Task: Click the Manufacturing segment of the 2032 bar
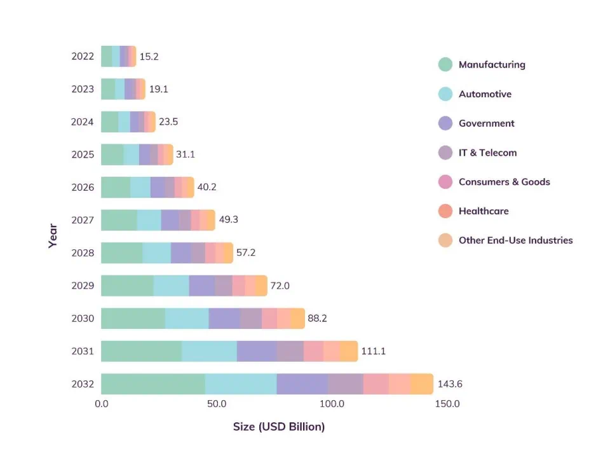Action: point(152,384)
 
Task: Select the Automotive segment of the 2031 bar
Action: point(209,351)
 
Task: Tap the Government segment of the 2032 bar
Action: point(302,384)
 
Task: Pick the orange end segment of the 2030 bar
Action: point(298,318)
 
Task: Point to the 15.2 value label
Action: point(149,57)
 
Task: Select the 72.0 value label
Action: point(280,286)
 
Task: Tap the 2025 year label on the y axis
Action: point(83,155)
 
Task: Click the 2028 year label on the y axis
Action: point(83,253)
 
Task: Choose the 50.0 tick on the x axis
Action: point(217,404)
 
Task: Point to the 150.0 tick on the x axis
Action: point(446,404)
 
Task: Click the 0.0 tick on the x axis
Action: point(101,404)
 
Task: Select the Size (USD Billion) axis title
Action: point(279,427)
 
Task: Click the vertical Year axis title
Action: point(53,235)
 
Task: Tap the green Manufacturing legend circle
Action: point(445,64)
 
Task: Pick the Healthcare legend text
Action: point(484,211)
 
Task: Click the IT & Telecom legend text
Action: point(487,153)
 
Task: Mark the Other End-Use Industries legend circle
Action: point(445,240)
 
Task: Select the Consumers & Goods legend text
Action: point(504,182)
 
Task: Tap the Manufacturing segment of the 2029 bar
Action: point(127,286)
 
